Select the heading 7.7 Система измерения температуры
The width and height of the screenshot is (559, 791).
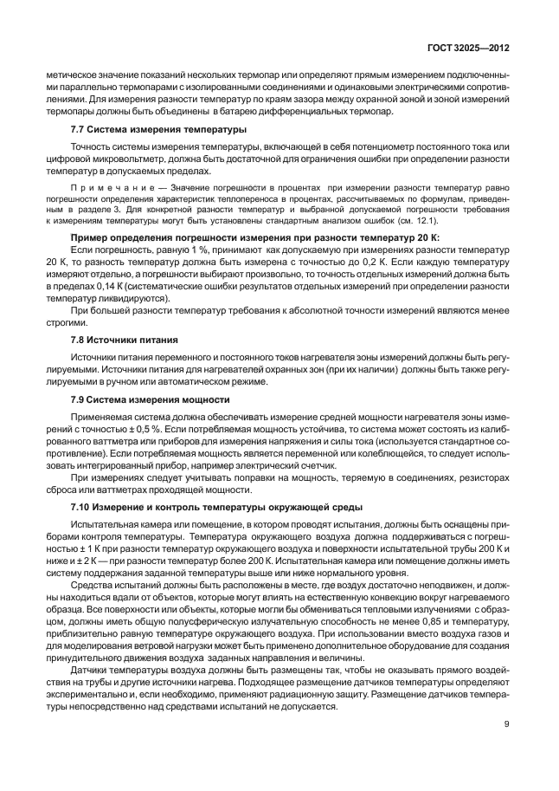146,129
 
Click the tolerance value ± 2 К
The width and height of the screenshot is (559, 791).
92,550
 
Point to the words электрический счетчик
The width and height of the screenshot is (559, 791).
256,464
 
